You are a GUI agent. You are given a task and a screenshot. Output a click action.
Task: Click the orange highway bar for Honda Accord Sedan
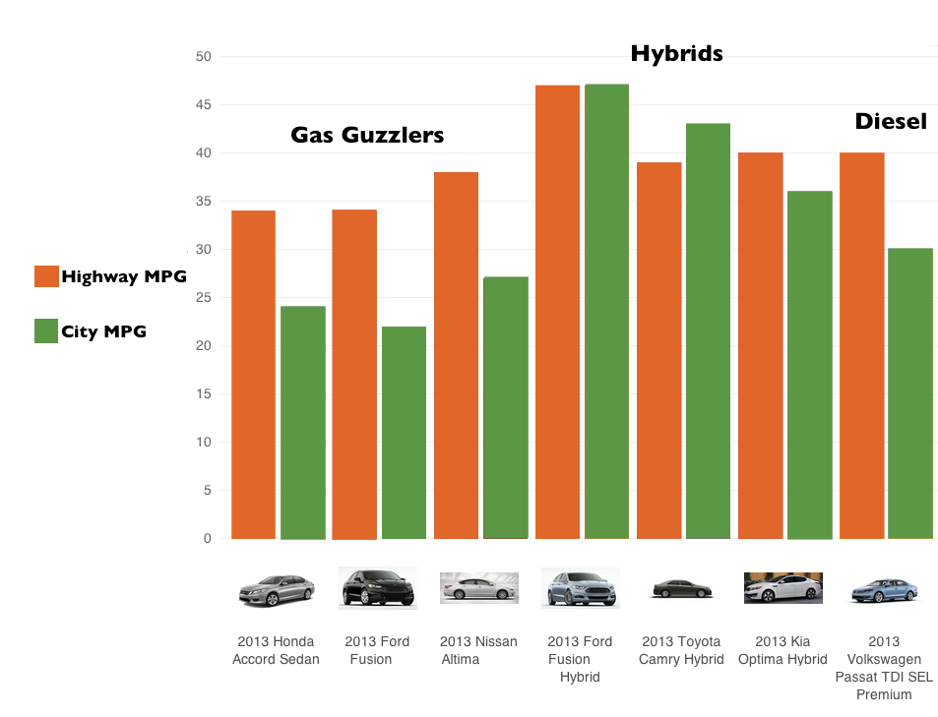[x=253, y=374]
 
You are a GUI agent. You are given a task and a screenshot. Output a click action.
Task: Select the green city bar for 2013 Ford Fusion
[x=404, y=433]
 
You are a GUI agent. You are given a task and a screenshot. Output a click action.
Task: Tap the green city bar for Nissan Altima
[x=505, y=407]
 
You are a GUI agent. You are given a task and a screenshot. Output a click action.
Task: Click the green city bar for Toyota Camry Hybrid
[x=708, y=330]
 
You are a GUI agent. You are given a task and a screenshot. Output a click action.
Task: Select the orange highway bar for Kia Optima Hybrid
[x=760, y=345]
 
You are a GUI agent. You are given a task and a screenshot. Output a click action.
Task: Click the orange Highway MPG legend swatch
[x=46, y=276]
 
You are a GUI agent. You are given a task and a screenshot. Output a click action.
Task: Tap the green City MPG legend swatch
[x=46, y=331]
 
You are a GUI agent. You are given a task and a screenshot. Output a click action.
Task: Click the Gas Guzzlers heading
[x=367, y=136]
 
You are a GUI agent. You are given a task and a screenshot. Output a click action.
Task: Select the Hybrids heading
[x=676, y=53]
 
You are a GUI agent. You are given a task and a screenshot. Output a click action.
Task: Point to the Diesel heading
[x=891, y=122]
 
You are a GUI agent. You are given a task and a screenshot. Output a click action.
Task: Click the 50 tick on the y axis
[x=204, y=57]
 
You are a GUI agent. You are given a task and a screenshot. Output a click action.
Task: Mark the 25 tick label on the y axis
[x=204, y=298]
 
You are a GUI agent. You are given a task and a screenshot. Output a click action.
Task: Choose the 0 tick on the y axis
[x=208, y=539]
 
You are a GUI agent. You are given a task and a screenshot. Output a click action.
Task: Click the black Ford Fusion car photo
[x=377, y=587]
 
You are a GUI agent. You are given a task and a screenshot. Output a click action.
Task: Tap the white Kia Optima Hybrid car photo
[x=782, y=587]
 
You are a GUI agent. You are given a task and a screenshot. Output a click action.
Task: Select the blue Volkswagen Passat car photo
[x=884, y=589]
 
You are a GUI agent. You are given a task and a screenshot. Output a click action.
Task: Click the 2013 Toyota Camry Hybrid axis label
[x=681, y=650]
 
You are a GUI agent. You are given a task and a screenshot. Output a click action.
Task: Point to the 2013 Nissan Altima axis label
[x=478, y=650]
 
